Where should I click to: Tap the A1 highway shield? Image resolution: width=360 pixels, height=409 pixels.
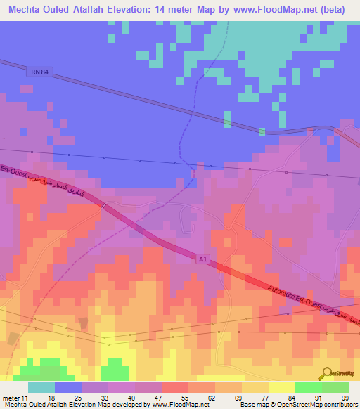click(202, 259)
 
